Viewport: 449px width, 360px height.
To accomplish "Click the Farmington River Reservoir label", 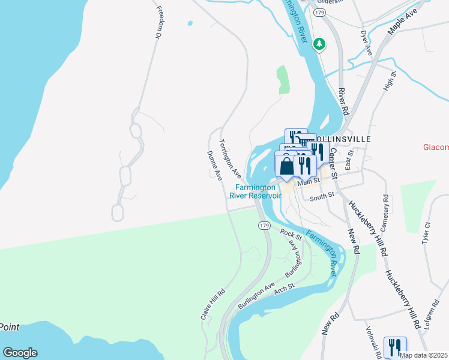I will coord(255,191).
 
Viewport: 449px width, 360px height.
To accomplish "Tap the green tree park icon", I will coord(321,43).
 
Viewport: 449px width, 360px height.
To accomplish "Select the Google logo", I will coord(20,353).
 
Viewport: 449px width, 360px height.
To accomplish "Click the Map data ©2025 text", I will coord(424,355).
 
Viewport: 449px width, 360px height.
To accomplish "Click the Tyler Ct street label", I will coord(427,232).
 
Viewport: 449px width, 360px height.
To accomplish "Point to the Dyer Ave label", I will coord(366,43).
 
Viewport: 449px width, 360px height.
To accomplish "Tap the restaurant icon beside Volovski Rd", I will coord(395,347).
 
